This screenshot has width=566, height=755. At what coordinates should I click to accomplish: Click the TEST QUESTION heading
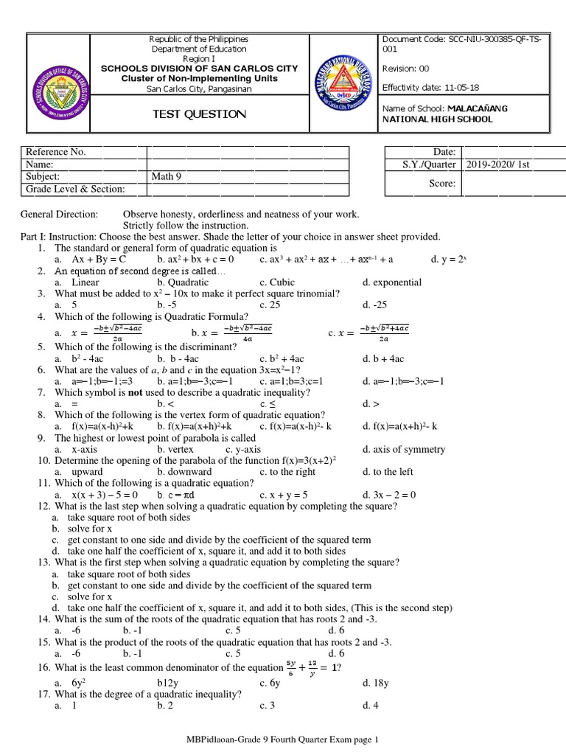(x=199, y=114)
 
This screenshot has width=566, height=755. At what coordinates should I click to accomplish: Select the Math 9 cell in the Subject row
(x=167, y=177)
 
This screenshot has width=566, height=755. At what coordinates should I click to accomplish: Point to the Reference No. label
(x=56, y=152)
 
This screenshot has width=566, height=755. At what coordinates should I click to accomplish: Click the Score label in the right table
(x=443, y=183)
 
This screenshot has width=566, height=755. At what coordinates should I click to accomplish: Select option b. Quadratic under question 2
(x=179, y=282)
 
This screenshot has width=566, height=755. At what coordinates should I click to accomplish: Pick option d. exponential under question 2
(x=392, y=282)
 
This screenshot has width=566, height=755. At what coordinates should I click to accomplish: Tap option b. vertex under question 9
(x=175, y=449)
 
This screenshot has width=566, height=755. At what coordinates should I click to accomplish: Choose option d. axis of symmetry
(x=404, y=449)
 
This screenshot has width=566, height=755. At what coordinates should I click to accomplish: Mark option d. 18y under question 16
(x=376, y=683)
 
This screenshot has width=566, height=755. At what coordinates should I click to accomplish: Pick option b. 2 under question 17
(x=165, y=706)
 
